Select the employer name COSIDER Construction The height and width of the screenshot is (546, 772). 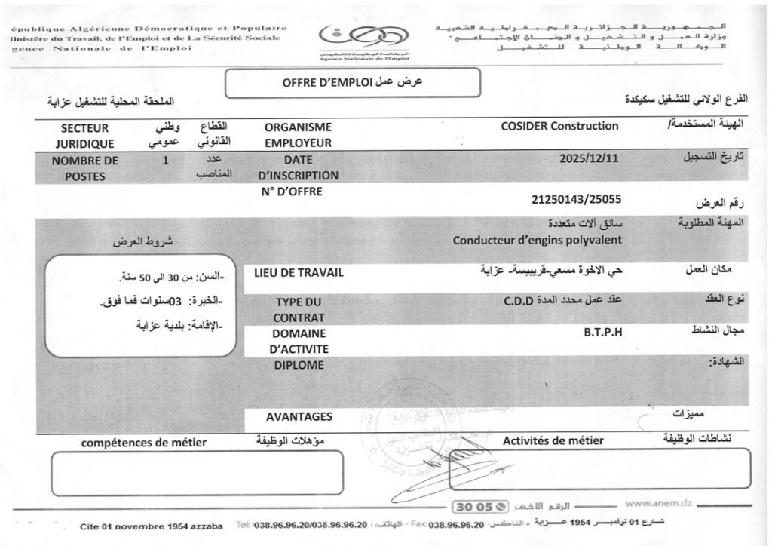(x=559, y=127)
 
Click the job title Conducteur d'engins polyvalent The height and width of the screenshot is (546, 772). (x=537, y=241)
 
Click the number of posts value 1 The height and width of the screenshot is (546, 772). (x=164, y=160)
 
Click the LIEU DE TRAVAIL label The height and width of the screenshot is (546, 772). (x=299, y=272)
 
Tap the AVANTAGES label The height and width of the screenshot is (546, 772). (x=299, y=416)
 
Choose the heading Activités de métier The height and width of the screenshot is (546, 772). (x=553, y=440)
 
